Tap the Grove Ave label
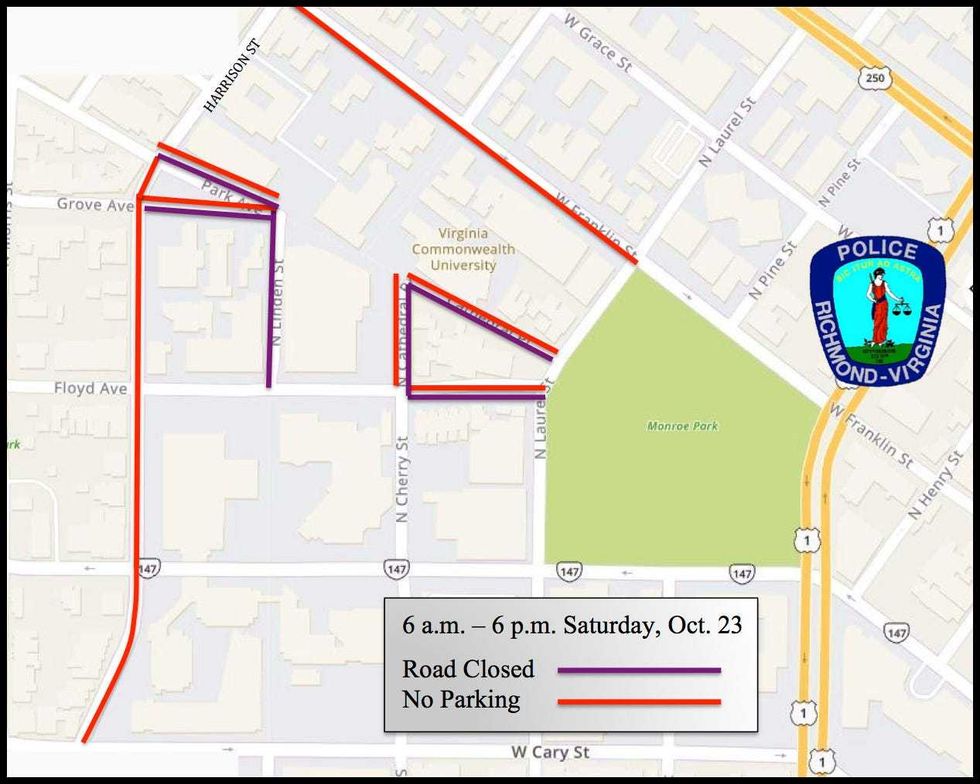click(95, 205)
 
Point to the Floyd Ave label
click(90, 388)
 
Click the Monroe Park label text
click(682, 426)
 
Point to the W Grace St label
click(598, 42)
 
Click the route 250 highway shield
click(869, 77)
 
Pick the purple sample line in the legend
click(639, 670)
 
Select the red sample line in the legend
click(639, 701)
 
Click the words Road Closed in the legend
click(468, 669)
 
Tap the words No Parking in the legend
click(461, 699)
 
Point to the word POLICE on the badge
click(877, 251)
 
